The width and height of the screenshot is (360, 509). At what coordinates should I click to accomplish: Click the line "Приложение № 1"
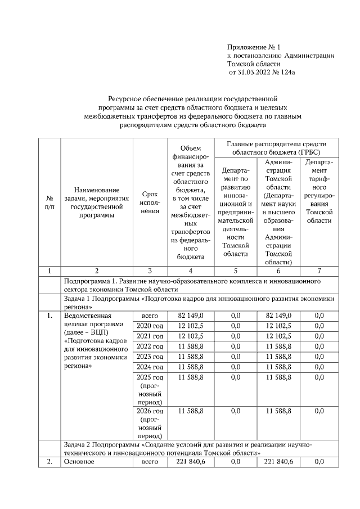tap(253, 47)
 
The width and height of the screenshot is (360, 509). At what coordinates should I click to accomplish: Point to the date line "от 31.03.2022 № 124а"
tap(262, 73)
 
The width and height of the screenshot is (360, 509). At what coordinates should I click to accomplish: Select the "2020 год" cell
tap(150, 325)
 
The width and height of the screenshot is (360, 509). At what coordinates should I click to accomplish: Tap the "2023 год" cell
tap(150, 356)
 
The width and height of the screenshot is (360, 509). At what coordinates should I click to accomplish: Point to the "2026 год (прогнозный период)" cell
tap(150, 424)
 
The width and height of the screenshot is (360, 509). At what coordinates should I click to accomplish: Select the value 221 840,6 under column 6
tap(278, 462)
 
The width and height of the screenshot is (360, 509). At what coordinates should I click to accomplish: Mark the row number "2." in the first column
tap(49, 462)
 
